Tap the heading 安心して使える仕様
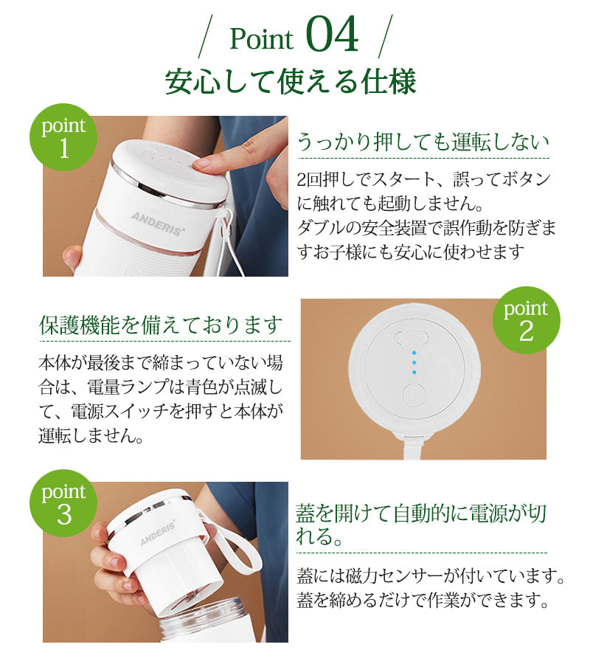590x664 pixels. tap(291, 82)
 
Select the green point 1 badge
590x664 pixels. tap(63, 137)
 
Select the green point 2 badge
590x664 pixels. tap(526, 319)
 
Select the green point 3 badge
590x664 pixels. tap(63, 503)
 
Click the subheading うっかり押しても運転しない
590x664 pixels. tap(423, 142)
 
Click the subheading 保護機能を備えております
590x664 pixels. tap(161, 325)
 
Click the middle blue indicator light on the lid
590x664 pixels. tap(414, 362)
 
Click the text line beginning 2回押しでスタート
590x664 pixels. tap(423, 179)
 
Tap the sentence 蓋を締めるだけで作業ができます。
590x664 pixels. tap(423, 599)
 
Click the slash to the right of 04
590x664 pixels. tap(386, 35)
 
